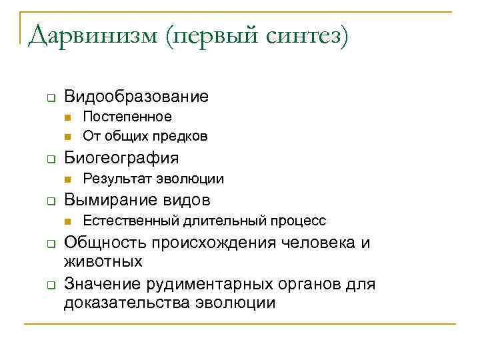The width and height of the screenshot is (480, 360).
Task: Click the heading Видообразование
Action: [136, 97]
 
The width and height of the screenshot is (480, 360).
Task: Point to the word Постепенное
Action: [127, 117]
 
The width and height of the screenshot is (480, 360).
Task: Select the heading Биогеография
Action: [121, 158]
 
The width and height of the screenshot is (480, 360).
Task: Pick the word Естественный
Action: [124, 221]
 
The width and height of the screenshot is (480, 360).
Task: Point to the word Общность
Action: [99, 243]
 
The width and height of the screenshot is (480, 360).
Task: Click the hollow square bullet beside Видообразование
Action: [50, 99]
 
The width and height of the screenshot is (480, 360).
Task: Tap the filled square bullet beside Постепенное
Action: [68, 117]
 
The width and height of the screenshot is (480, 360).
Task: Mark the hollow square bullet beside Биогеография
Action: [50, 159]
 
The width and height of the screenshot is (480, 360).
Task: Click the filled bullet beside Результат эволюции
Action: [68, 179]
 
